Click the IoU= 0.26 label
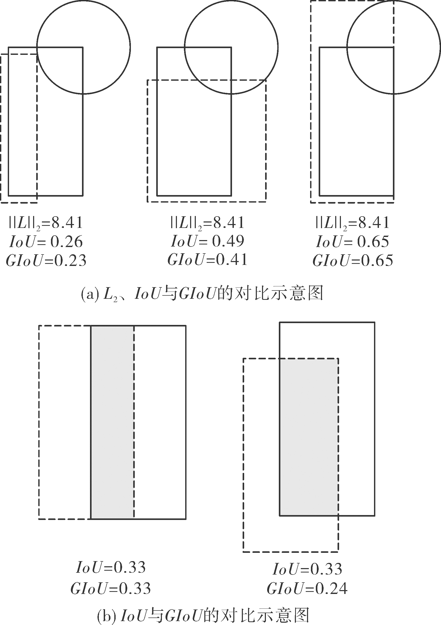[46, 241]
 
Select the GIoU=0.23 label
[46, 261]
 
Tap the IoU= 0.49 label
[207, 241]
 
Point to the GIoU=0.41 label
[207, 259]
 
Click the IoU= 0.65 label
[353, 241]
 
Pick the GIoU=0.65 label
[353, 261]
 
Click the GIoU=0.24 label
[307, 589]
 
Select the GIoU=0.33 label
[110, 589]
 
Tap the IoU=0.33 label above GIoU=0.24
[307, 569]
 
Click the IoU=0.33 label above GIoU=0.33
[111, 568]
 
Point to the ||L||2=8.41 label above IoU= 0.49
[207, 223]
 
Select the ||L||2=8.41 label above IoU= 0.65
[353, 223]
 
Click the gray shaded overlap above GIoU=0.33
[113, 422]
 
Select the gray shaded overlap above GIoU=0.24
[309, 437]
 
